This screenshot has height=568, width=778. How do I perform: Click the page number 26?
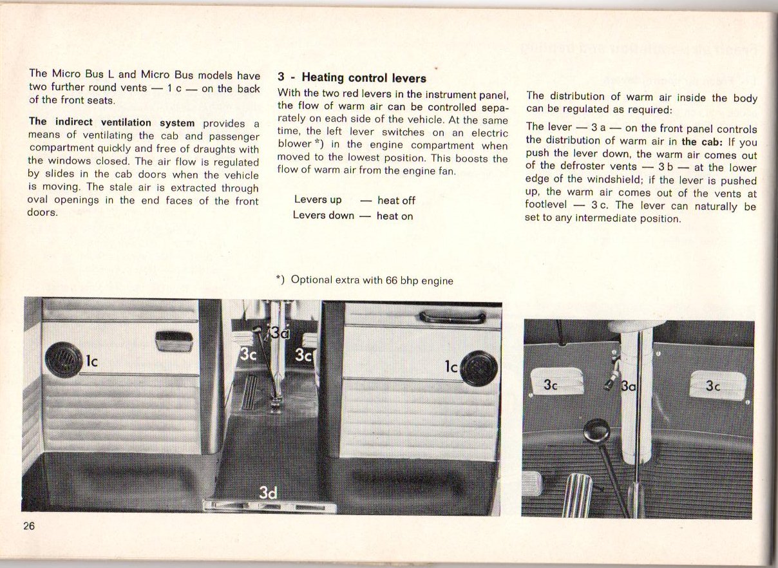pyautogui.click(x=29, y=525)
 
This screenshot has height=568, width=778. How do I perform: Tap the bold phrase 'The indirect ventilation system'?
pyautogui.click(x=112, y=122)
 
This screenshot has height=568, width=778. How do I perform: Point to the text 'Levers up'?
pyautogui.click(x=318, y=200)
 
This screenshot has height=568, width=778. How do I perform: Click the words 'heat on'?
pyautogui.click(x=395, y=216)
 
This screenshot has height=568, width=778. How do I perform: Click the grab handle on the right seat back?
pyautogui.click(x=452, y=316)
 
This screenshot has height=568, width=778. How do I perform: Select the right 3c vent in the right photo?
pyautogui.click(x=717, y=386)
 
